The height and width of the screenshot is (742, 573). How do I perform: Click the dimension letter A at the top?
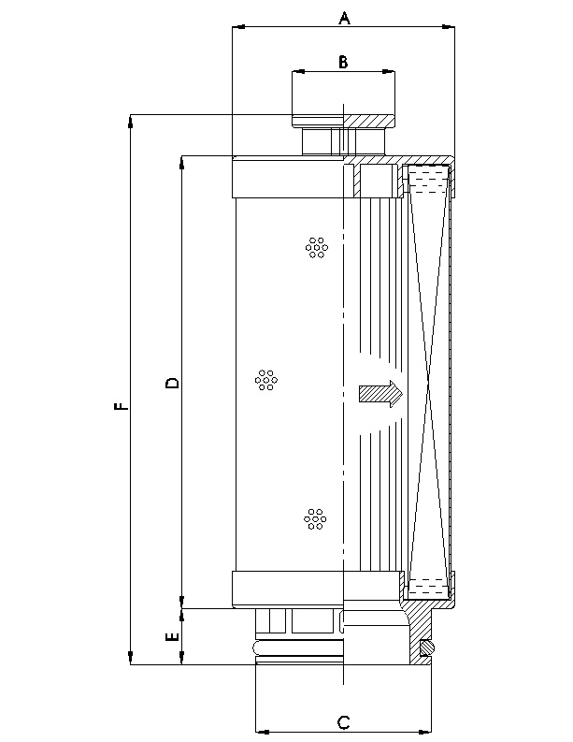(x=343, y=17)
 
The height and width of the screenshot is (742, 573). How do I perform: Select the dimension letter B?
(x=343, y=62)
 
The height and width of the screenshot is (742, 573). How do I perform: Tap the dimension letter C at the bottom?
(x=343, y=721)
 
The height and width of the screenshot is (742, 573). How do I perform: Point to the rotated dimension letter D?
(x=172, y=383)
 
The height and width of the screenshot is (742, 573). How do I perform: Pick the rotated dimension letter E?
(x=172, y=637)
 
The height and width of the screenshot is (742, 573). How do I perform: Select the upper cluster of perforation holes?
(x=317, y=246)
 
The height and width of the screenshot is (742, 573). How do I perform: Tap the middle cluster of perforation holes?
(x=266, y=380)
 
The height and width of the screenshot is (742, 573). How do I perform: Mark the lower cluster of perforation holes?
(x=315, y=518)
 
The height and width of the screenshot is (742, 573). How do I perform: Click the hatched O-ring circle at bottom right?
(x=427, y=646)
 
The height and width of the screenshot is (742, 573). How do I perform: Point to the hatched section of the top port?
(x=368, y=120)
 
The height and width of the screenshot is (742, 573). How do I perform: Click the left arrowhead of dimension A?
(x=236, y=28)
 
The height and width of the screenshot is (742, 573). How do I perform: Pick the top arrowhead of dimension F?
(x=131, y=120)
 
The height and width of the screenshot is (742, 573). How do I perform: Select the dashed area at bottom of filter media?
(x=428, y=589)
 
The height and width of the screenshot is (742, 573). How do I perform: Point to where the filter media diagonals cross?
(x=428, y=385)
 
